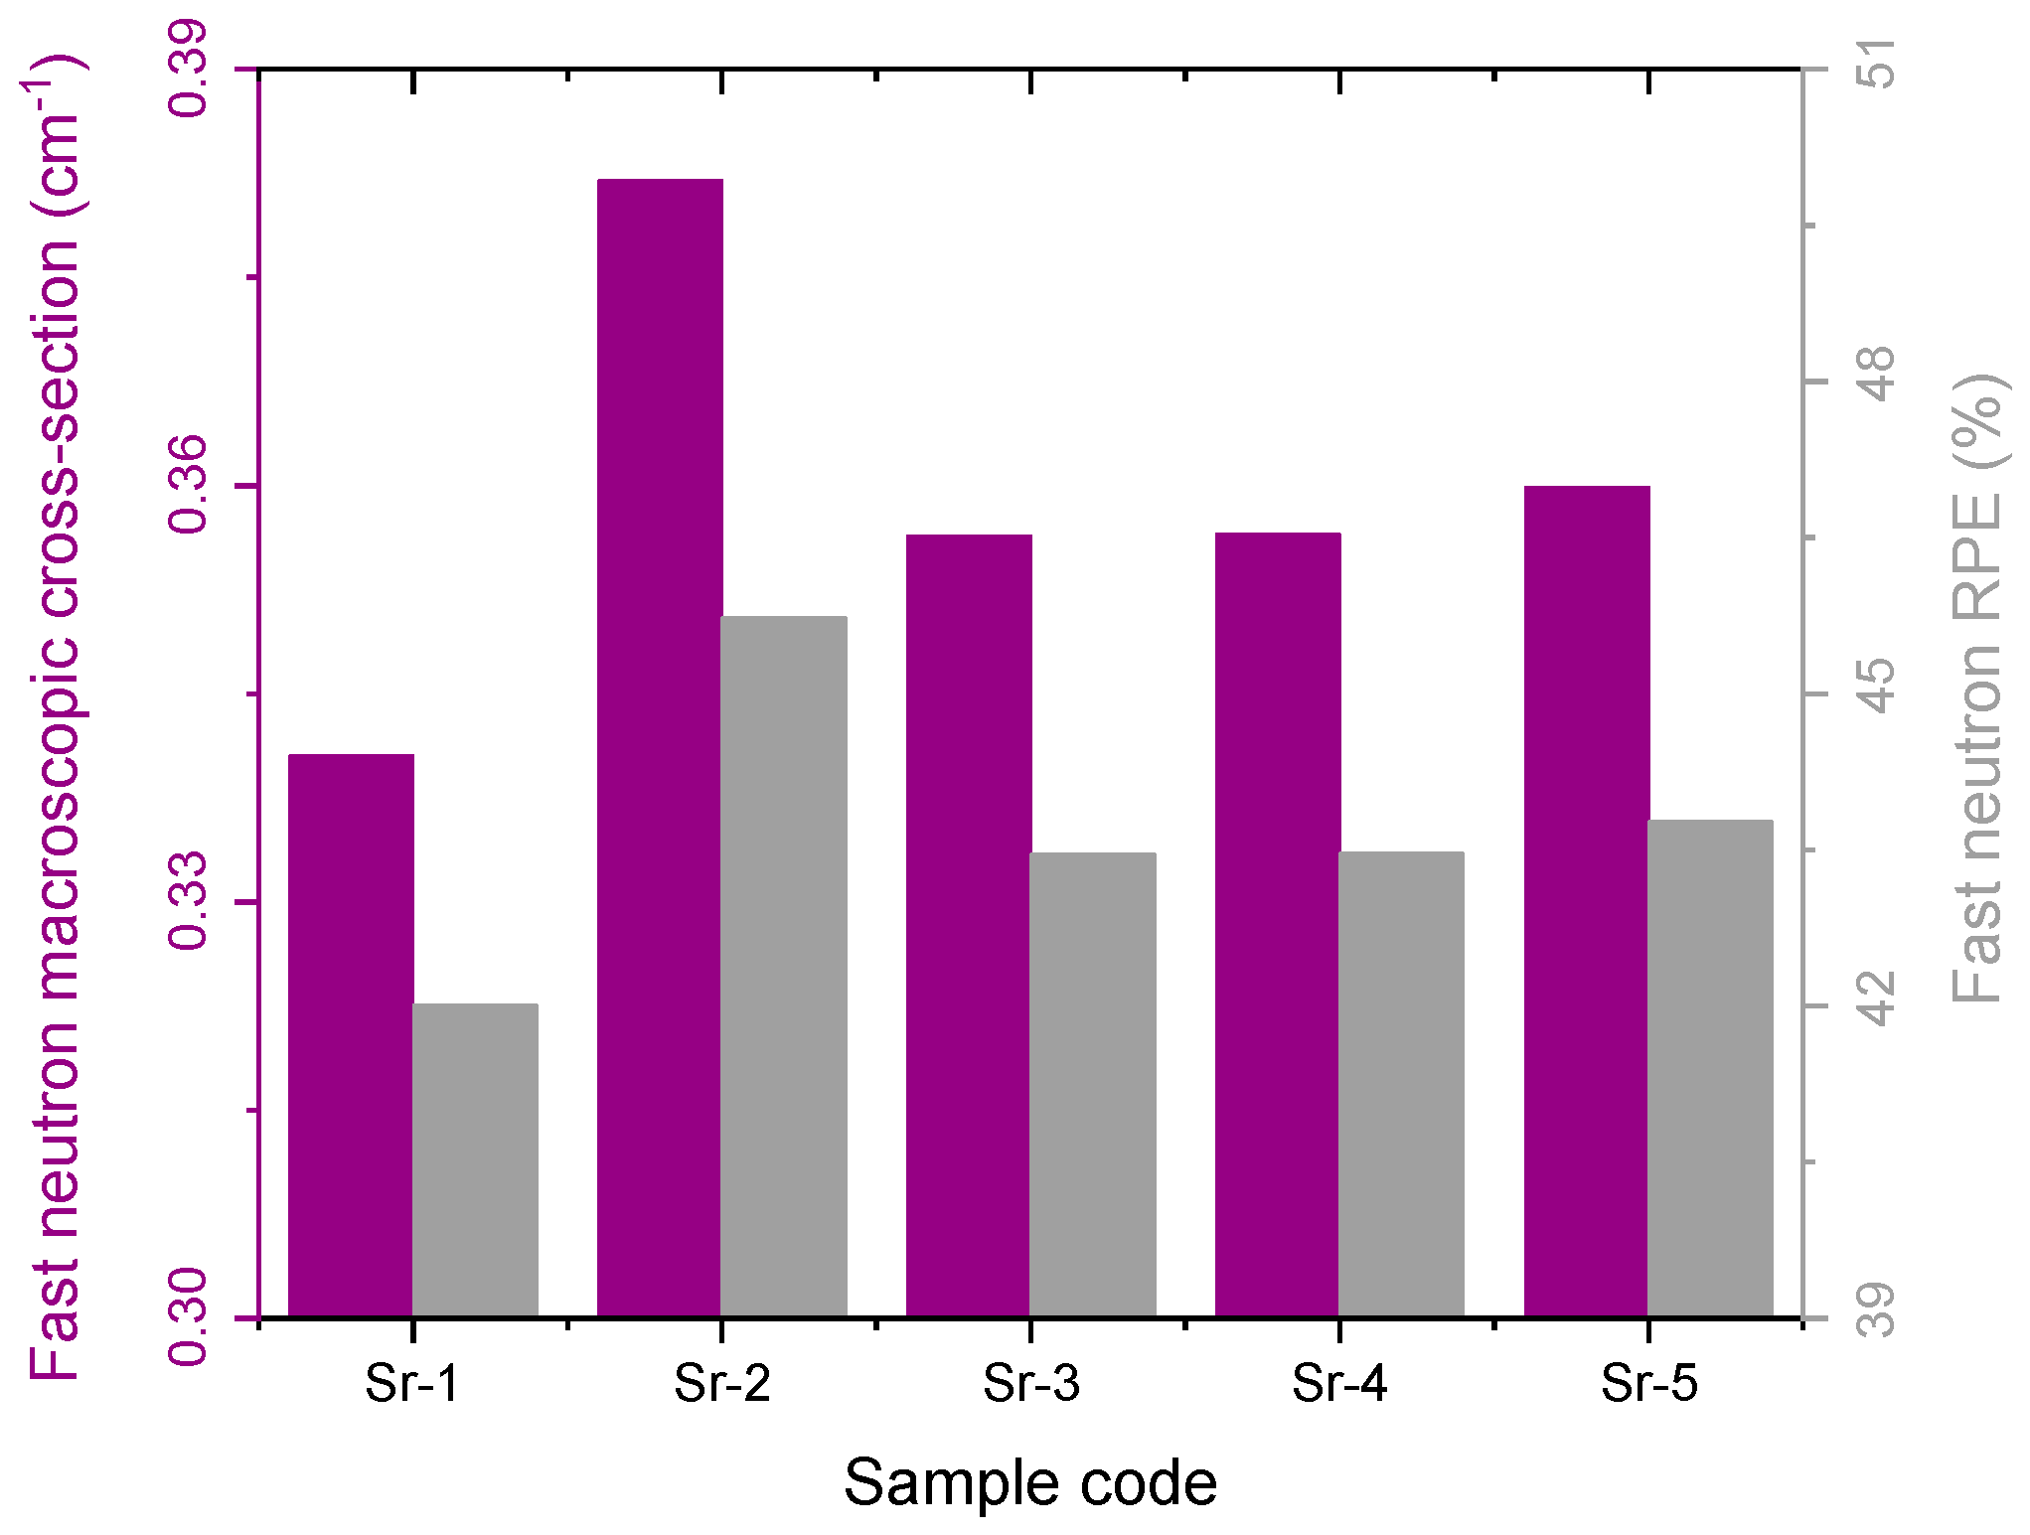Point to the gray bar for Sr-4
1401,1084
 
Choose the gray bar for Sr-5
1710,1068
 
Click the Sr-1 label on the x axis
412,1382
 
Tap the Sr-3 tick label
1030,1382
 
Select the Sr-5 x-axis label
1648,1382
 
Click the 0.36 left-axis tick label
188,486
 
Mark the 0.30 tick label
188,1317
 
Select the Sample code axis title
1030,1483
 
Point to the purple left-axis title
55,715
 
